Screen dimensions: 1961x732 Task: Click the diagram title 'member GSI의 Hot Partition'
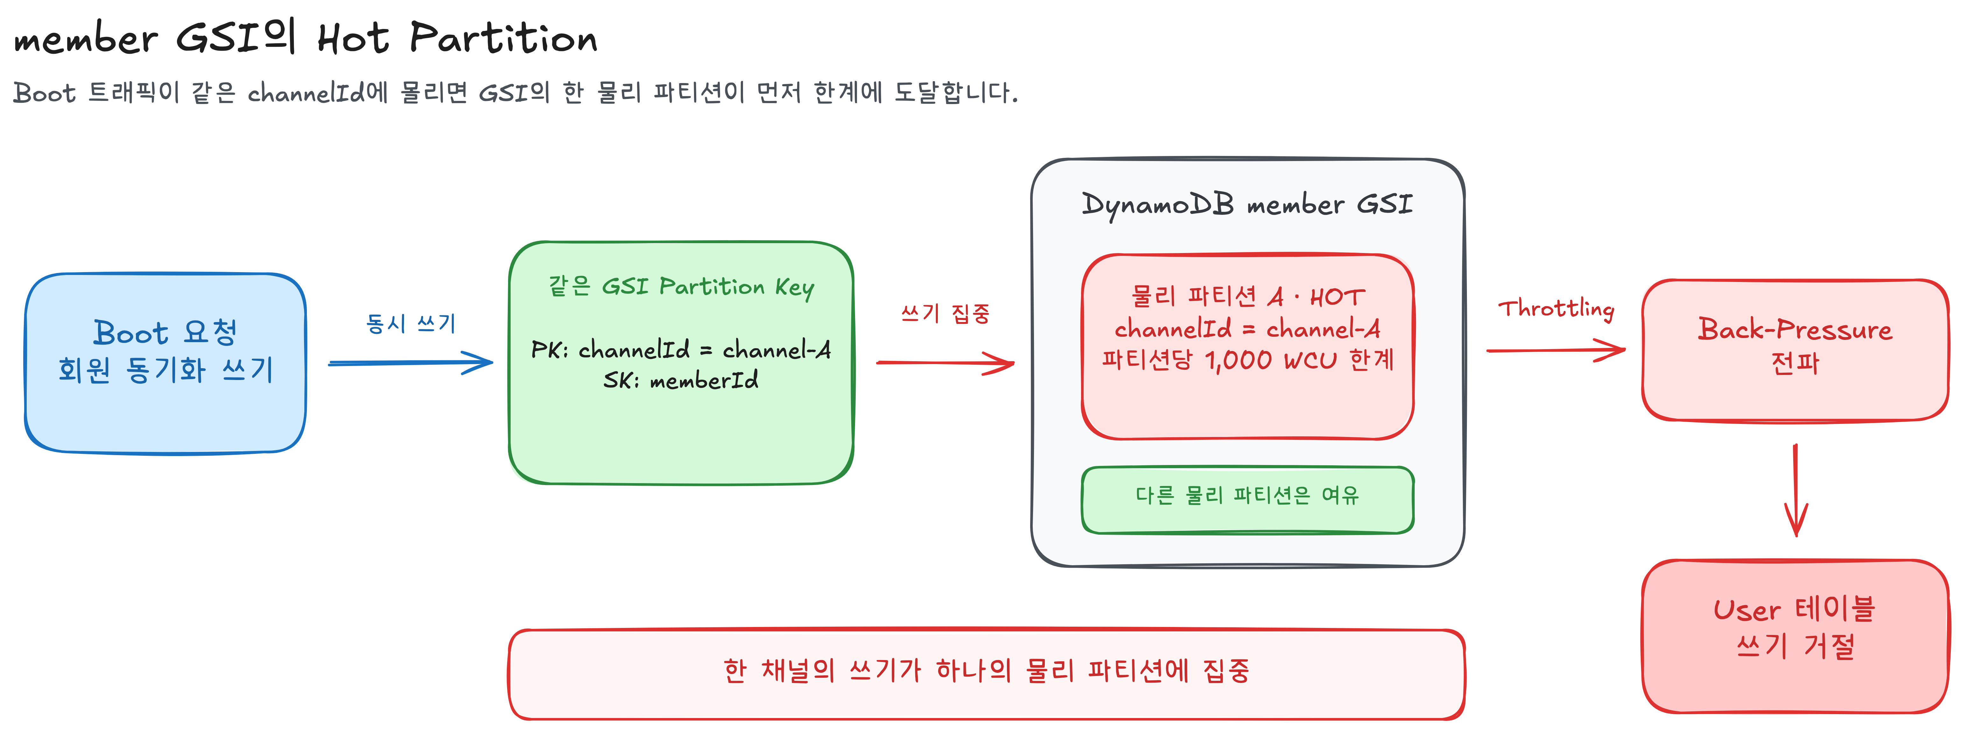pyautogui.click(x=305, y=38)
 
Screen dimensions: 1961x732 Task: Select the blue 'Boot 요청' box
pyautogui.click(x=165, y=364)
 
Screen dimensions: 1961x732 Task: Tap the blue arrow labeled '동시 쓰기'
pyautogui.click(x=411, y=363)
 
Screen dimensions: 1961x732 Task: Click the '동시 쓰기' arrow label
pyautogui.click(x=411, y=323)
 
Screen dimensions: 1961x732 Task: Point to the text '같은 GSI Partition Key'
pyautogui.click(x=681, y=287)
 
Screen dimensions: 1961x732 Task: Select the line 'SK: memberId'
pyautogui.click(x=681, y=380)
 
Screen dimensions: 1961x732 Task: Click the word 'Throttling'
pyautogui.click(x=1556, y=308)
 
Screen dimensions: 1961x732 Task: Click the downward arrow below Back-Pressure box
pyautogui.click(x=1796, y=491)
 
